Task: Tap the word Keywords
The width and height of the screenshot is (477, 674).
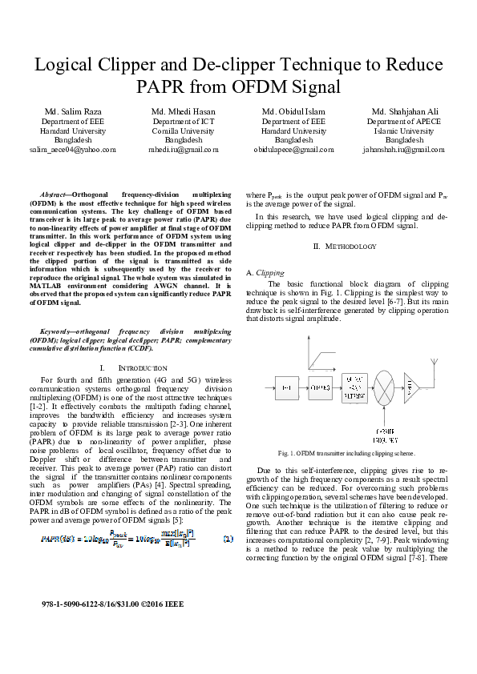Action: [x=59, y=331]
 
